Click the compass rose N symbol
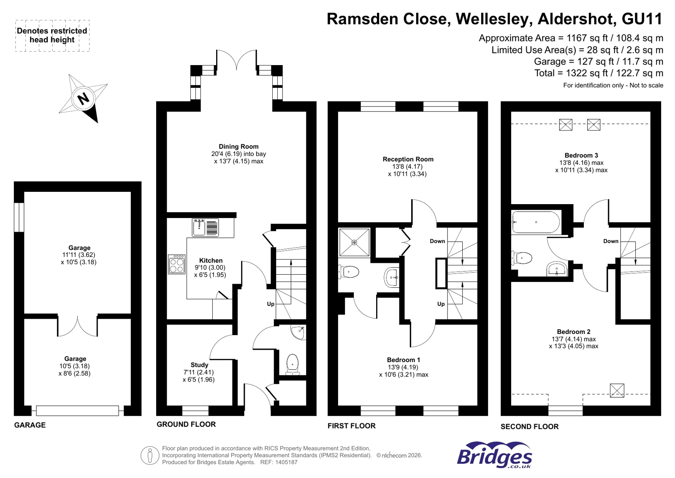[84, 98]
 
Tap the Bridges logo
[494, 456]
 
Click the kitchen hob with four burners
[176, 264]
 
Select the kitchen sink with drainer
[206, 227]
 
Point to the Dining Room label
[239, 147]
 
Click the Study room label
[199, 365]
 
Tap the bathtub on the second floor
[535, 222]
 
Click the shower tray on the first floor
[354, 242]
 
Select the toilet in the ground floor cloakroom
[292, 364]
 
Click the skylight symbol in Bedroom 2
[617, 390]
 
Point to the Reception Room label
[408, 159]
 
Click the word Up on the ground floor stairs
[271, 304]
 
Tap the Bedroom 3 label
[581, 156]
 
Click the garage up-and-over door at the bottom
[77, 410]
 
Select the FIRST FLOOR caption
[351, 426]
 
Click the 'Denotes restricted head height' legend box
[52, 36]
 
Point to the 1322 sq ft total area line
[598, 73]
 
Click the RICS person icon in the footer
[149, 456]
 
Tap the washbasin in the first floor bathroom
[392, 278]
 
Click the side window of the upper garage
[19, 217]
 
